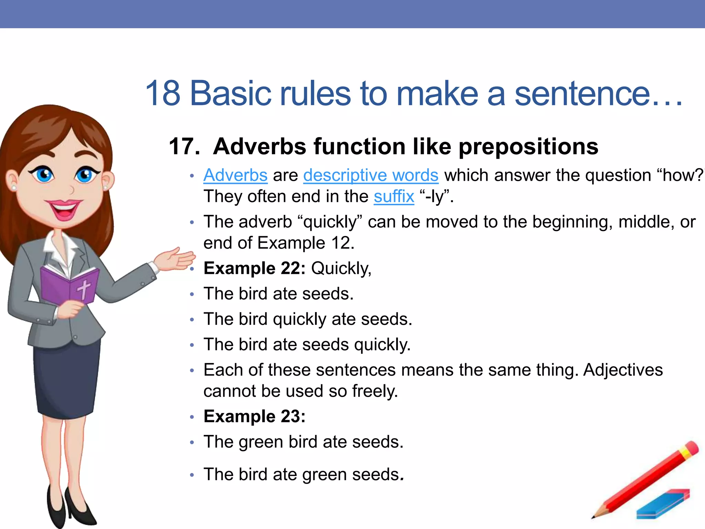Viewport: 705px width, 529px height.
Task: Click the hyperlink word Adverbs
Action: click(235, 175)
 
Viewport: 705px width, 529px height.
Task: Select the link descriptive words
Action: click(371, 175)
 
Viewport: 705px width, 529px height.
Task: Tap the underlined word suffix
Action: click(394, 197)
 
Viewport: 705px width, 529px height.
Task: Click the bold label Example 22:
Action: click(254, 268)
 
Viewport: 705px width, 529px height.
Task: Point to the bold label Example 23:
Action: click(254, 416)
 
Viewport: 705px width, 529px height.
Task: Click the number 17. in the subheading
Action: click(184, 146)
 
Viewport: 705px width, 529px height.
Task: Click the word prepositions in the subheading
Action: click(529, 146)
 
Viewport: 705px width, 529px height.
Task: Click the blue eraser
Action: click(663, 504)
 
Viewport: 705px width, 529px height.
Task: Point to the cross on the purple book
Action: click(84, 289)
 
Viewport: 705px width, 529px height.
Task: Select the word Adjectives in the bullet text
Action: click(623, 370)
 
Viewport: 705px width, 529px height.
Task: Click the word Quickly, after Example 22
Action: click(341, 268)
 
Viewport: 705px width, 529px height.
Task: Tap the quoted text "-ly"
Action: click(436, 197)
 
